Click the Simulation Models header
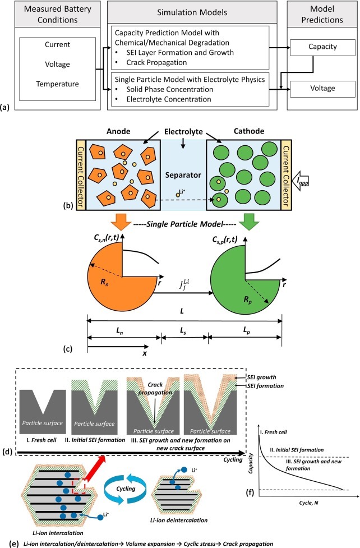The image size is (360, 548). (x=192, y=12)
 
